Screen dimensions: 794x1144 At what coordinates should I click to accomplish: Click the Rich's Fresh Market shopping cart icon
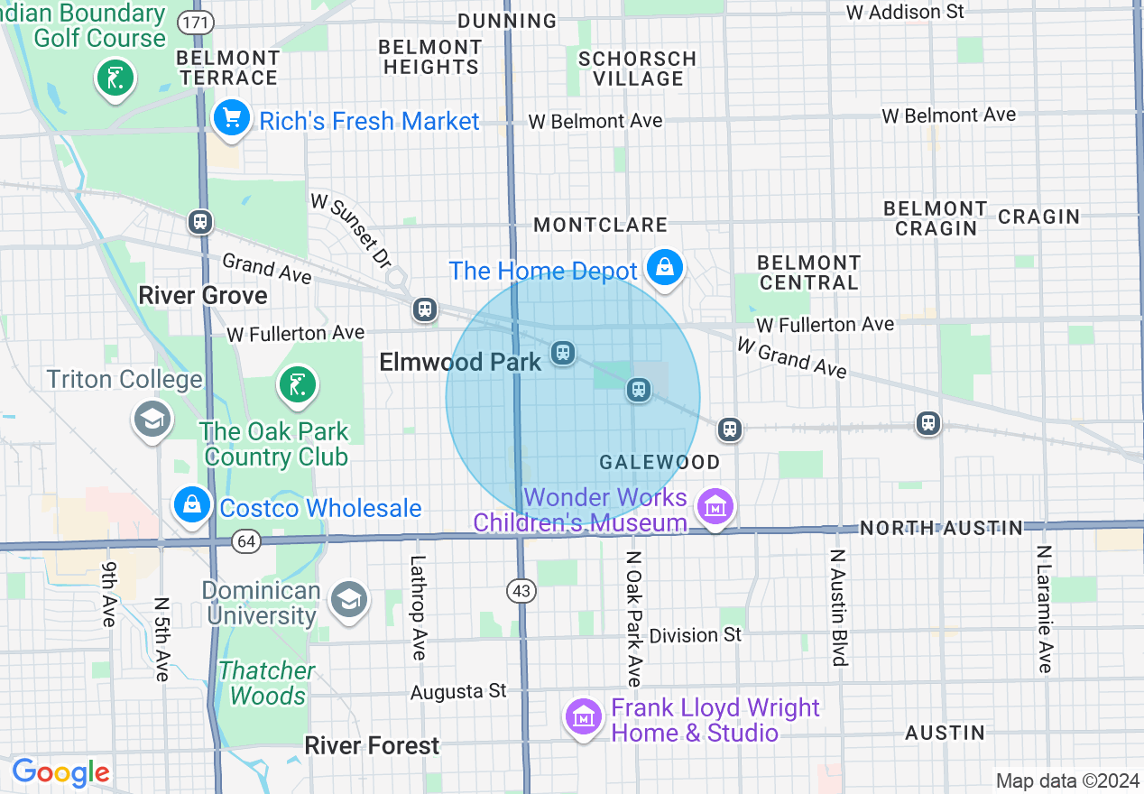click(x=231, y=117)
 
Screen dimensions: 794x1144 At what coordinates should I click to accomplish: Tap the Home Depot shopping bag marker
click(x=664, y=267)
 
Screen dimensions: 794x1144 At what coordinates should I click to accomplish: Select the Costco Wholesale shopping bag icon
click(x=192, y=505)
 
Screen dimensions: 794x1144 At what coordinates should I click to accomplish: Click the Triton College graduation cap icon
click(x=152, y=419)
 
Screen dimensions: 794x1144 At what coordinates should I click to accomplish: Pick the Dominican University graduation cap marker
click(x=348, y=600)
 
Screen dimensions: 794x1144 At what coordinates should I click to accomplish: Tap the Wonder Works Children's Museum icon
click(x=716, y=508)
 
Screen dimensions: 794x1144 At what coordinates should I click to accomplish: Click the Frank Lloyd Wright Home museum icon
click(x=584, y=717)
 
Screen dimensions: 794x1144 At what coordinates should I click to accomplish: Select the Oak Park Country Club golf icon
click(x=298, y=384)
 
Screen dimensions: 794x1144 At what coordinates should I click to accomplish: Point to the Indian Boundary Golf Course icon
click(x=115, y=78)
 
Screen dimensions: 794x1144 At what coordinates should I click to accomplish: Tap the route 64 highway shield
click(x=245, y=541)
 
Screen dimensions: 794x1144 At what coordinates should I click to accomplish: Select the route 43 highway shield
click(x=521, y=591)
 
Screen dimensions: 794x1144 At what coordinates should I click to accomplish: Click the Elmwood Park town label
click(x=460, y=363)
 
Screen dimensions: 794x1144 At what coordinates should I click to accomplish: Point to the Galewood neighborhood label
click(x=660, y=463)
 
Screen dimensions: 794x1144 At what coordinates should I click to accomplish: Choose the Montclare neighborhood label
click(x=600, y=225)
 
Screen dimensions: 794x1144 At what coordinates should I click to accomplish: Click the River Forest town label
click(x=372, y=746)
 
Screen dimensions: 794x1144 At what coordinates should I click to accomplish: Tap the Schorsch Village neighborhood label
click(x=638, y=69)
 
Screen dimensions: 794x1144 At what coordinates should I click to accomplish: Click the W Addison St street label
click(x=905, y=12)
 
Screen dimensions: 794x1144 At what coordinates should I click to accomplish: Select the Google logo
click(x=60, y=773)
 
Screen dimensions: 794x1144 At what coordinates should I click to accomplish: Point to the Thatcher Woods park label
click(x=267, y=683)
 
